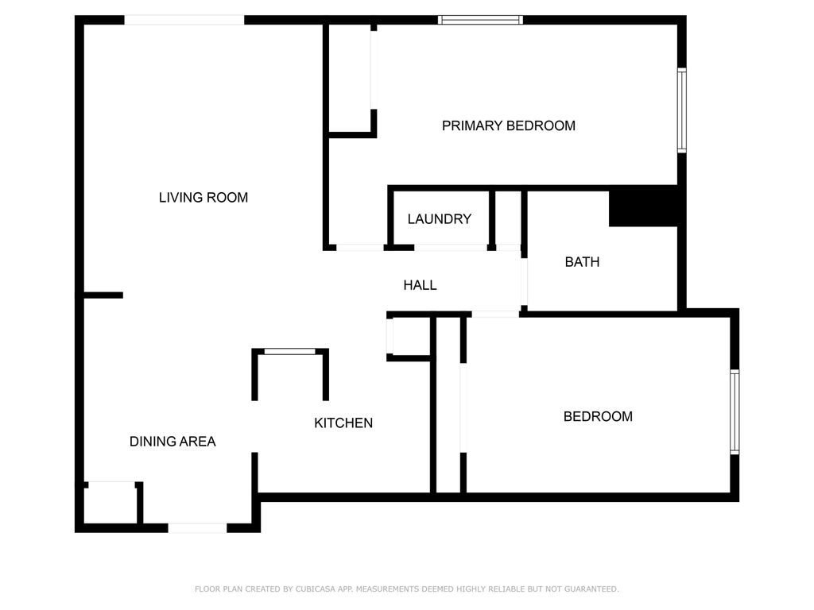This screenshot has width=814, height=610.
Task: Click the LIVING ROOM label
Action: tap(203, 198)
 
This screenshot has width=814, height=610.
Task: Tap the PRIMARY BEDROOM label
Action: tap(509, 125)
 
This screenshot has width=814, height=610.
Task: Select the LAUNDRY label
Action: tap(439, 219)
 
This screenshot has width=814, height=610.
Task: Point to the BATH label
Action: tap(582, 261)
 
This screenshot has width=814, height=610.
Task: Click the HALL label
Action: tap(420, 285)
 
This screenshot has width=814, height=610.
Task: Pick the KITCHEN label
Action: tap(343, 423)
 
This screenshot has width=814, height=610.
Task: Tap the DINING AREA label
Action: tap(172, 442)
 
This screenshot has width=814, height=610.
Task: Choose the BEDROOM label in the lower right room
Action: tap(598, 416)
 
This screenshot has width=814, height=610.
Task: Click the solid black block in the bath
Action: tap(644, 207)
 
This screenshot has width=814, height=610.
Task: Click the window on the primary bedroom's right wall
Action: tap(682, 110)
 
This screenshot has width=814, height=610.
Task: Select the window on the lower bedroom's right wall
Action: tap(735, 411)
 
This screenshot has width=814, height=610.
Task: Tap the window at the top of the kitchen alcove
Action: tap(289, 351)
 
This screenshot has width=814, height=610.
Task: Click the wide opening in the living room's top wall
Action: tap(184, 20)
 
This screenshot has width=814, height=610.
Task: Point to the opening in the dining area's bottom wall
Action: tap(197, 527)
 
